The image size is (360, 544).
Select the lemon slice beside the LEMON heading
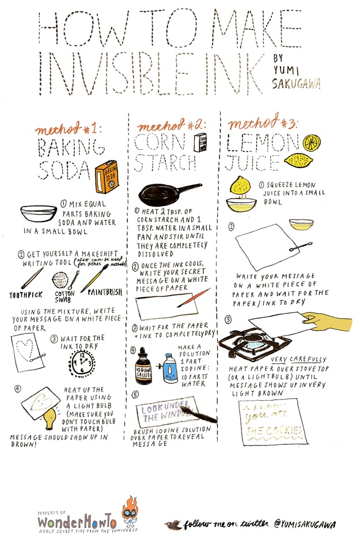312,141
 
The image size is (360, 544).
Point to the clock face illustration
82,363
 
